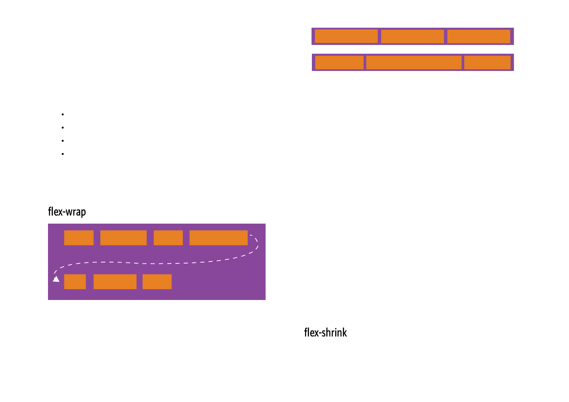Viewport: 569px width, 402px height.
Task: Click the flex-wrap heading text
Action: (x=67, y=212)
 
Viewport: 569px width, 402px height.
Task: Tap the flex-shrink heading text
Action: (x=325, y=333)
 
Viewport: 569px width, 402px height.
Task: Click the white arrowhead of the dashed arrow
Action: (x=56, y=279)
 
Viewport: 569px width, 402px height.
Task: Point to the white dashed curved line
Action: (x=155, y=263)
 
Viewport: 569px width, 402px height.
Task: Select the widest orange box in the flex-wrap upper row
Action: (x=218, y=238)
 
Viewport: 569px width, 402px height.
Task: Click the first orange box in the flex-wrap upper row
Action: (x=79, y=238)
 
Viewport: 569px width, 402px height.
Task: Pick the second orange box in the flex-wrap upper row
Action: (x=123, y=238)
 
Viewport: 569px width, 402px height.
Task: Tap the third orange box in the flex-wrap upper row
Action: (x=168, y=238)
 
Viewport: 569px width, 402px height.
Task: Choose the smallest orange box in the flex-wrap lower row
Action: (x=75, y=282)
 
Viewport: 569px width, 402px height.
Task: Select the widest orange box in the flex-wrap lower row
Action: (x=115, y=282)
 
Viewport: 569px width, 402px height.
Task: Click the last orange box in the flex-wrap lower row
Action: (x=157, y=282)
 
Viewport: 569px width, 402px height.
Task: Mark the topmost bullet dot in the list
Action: (x=63, y=115)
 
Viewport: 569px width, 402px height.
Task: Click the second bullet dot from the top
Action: (x=63, y=128)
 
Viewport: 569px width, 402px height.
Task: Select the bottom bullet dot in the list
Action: (x=63, y=154)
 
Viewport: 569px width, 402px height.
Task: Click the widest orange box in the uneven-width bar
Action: (x=414, y=62)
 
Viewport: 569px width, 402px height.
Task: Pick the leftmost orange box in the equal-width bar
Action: (x=346, y=36)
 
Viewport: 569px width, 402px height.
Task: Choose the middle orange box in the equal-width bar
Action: (x=412, y=36)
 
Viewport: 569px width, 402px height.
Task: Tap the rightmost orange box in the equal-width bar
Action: (x=478, y=36)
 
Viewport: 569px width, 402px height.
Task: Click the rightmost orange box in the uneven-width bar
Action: (x=487, y=62)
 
